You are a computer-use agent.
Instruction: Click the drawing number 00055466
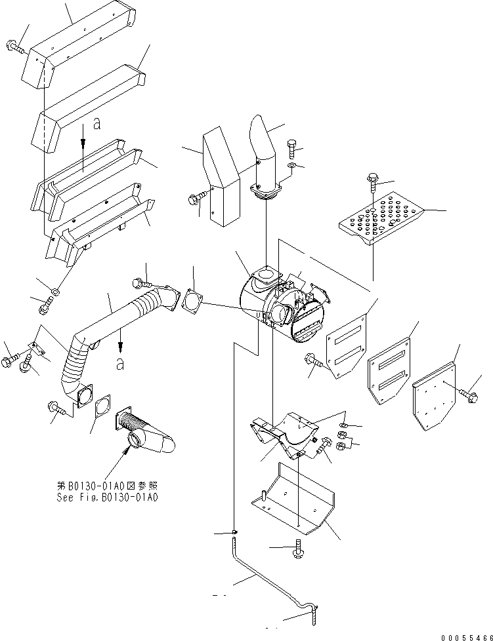(x=466, y=637)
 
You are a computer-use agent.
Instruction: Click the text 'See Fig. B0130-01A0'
(x=107, y=497)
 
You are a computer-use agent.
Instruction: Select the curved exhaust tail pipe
(x=265, y=155)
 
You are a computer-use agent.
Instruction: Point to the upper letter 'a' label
(x=96, y=123)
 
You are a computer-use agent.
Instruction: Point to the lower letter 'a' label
(x=119, y=363)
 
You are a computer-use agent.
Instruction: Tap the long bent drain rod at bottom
(x=270, y=581)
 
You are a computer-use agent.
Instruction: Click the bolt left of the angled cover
(x=195, y=200)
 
